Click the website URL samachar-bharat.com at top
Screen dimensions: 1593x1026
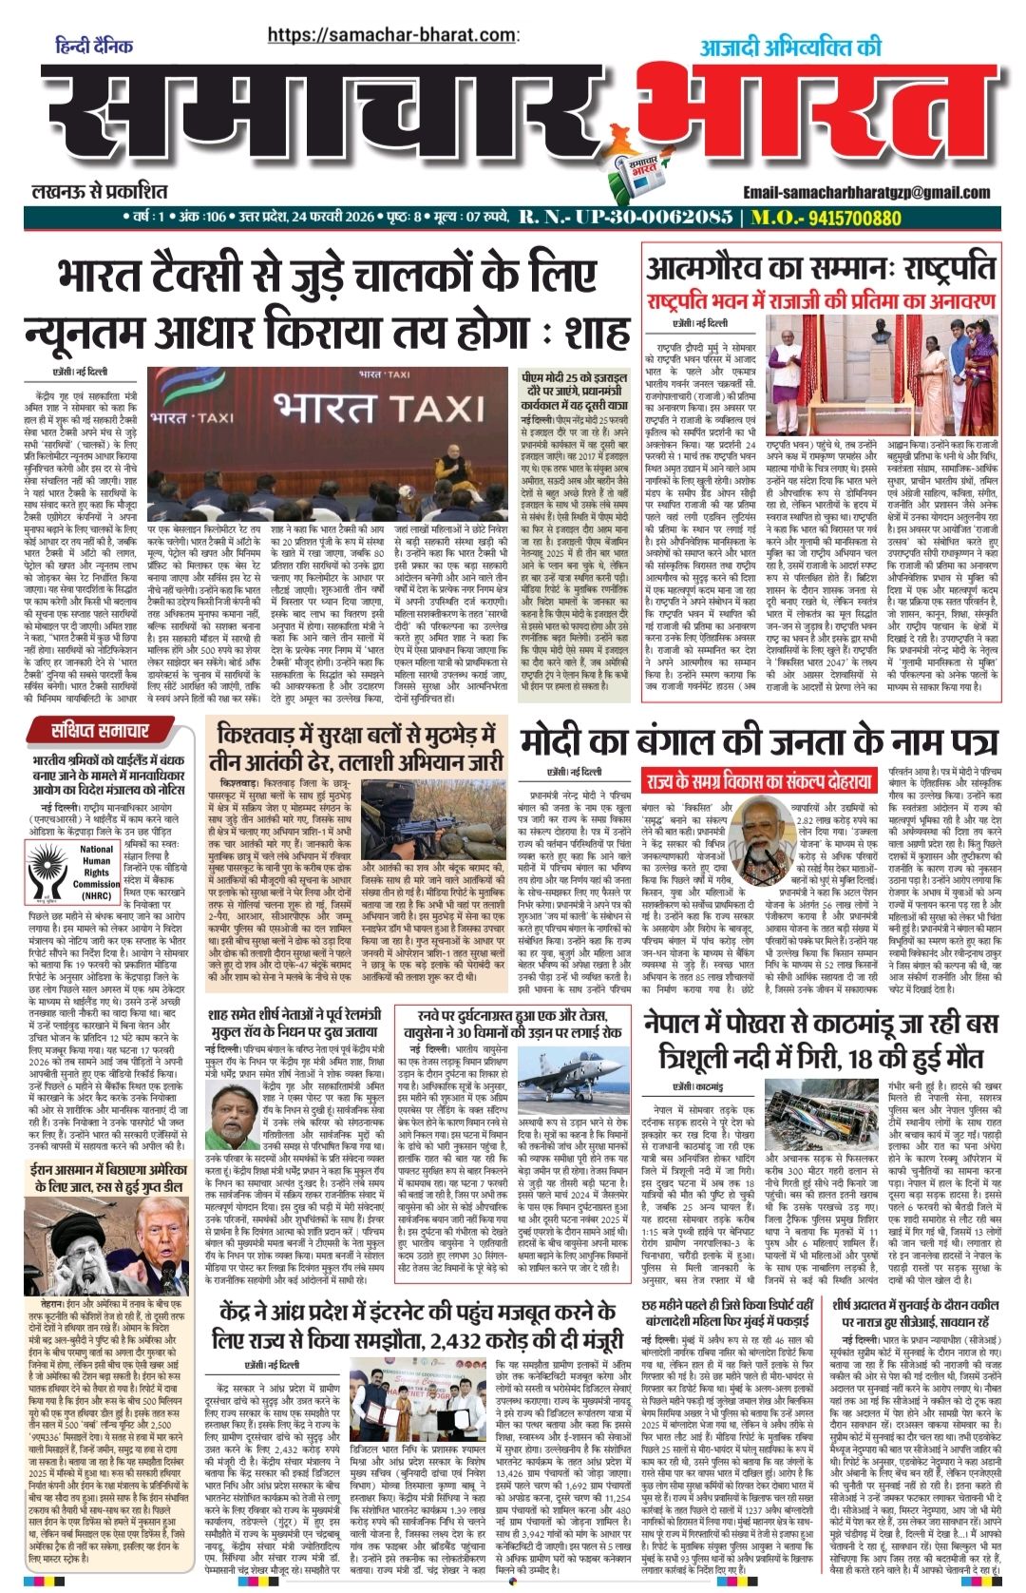[390, 35]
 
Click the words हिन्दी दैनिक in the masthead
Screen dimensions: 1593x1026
[94, 47]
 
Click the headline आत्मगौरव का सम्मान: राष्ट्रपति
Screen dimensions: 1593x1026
[823, 267]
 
